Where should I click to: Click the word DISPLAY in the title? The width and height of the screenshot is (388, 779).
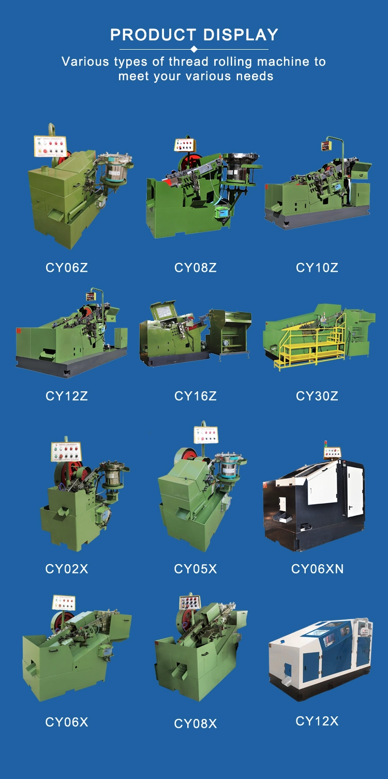[241, 35]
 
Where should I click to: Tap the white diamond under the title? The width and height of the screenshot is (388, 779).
[194, 49]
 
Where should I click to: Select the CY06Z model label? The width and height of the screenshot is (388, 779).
[66, 268]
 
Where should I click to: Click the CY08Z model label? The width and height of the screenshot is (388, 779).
[196, 268]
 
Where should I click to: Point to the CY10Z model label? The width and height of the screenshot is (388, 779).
[317, 268]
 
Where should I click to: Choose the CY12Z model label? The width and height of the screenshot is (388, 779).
[66, 396]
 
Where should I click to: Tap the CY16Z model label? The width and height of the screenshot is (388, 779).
[196, 396]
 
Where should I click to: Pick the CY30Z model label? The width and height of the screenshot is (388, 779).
[317, 396]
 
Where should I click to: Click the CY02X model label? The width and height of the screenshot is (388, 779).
[66, 569]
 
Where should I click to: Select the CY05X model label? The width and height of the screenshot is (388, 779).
[196, 569]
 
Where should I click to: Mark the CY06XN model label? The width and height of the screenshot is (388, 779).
[317, 569]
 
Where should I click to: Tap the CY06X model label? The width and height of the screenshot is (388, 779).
[66, 722]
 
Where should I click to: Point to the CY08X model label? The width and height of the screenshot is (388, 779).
[196, 724]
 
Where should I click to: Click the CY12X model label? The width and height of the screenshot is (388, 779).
[317, 721]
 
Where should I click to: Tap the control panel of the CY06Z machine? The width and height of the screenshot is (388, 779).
[50, 146]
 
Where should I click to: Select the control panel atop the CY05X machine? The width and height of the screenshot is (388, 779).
[206, 435]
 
